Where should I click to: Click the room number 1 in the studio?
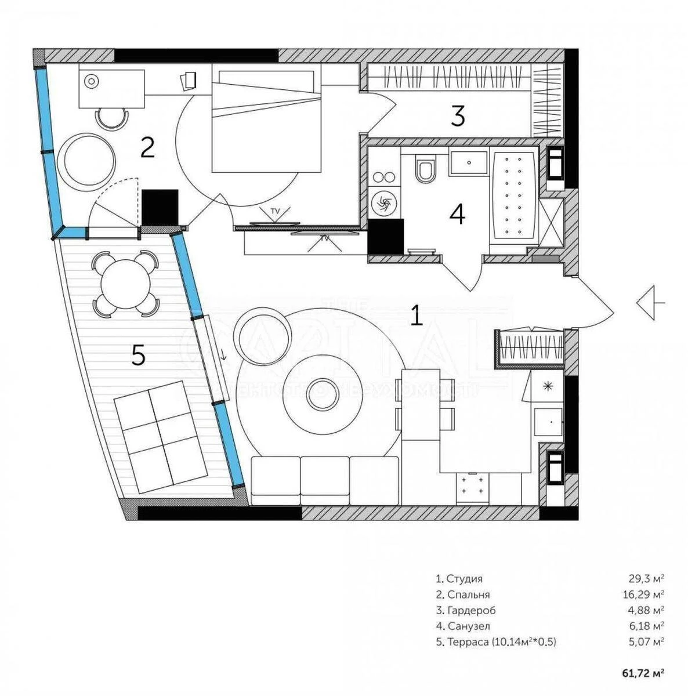(416, 316)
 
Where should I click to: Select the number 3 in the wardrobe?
(458, 117)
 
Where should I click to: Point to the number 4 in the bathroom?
(457, 215)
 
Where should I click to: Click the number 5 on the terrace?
(138, 355)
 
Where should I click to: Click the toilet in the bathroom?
(425, 170)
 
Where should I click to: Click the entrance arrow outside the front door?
(650, 303)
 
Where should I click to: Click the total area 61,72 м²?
(643, 673)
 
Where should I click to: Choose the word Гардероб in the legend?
(471, 610)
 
